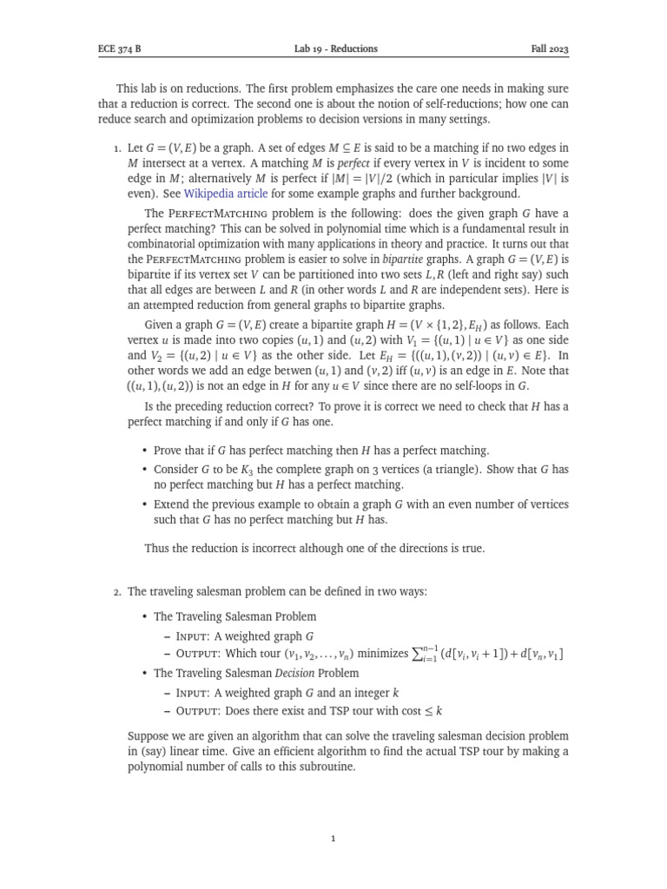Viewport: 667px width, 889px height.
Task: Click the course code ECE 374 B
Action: pyautogui.click(x=118, y=49)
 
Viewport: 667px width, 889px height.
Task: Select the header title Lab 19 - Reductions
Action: pyautogui.click(x=336, y=49)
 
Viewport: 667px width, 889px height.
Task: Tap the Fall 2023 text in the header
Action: pyautogui.click(x=550, y=49)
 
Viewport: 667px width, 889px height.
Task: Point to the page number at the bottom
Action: pyautogui.click(x=333, y=839)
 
